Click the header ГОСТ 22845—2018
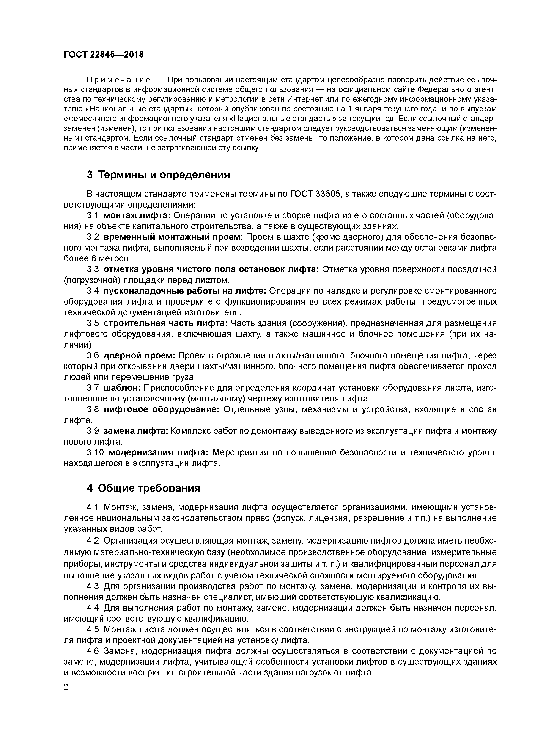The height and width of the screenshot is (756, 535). coord(104,55)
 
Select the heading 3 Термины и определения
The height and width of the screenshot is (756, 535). coord(158,175)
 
